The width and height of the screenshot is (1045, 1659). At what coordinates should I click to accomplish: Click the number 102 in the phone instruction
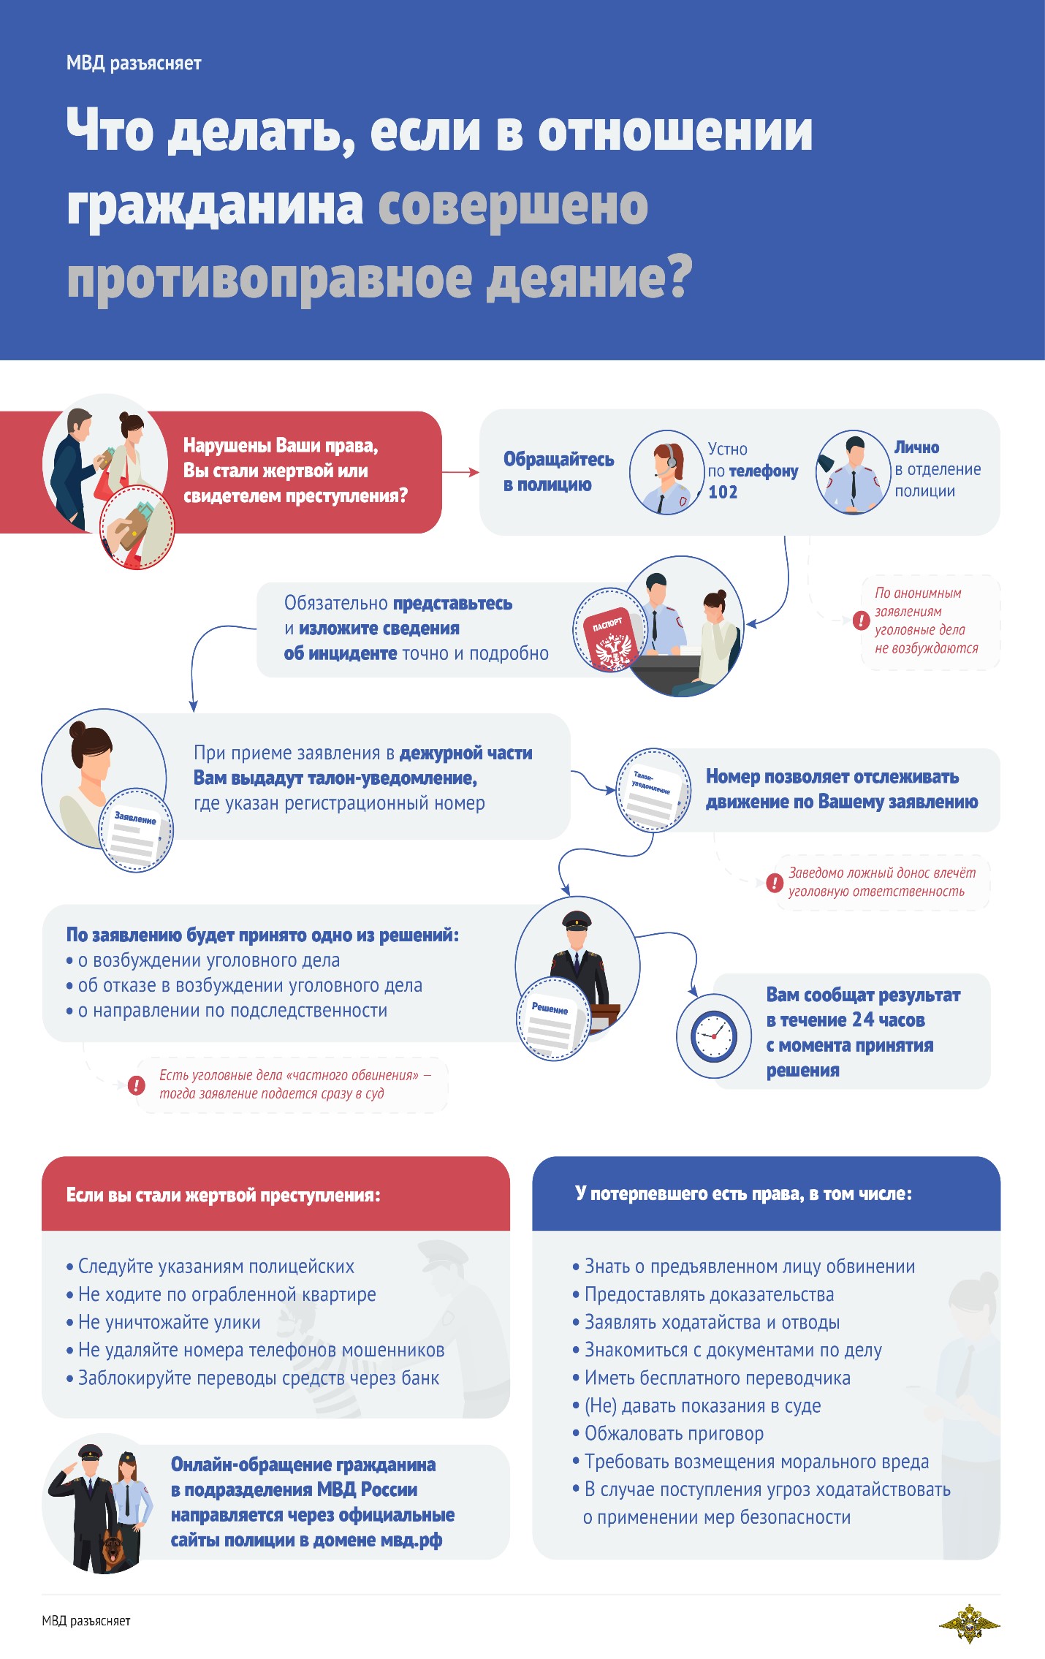[x=723, y=492]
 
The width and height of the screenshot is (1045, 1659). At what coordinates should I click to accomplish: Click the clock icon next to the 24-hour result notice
[x=714, y=1036]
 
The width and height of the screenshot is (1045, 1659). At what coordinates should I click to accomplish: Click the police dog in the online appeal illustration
[x=113, y=1549]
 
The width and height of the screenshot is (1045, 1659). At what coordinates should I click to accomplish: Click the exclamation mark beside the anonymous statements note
[x=861, y=621]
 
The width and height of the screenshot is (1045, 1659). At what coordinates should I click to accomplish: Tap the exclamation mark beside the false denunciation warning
[x=775, y=883]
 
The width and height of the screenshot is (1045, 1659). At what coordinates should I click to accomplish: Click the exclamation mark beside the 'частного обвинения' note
[x=136, y=1085]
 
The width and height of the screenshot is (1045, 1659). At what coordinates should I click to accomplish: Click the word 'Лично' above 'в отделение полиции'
[x=916, y=447]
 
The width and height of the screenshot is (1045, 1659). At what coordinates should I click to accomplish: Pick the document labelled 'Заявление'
[x=136, y=831]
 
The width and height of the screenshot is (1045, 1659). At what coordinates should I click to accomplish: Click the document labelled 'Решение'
[x=553, y=1018]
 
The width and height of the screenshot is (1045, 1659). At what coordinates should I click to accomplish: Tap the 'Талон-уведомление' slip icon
[x=653, y=790]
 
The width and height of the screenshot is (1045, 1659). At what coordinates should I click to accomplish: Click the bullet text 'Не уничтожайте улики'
[x=169, y=1322]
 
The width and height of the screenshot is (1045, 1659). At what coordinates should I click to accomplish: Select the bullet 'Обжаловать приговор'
[x=674, y=1434]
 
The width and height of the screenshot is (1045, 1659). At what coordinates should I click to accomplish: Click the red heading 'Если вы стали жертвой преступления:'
[x=224, y=1195]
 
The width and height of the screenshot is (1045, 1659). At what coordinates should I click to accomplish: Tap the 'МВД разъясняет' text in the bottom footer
[x=86, y=1621]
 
